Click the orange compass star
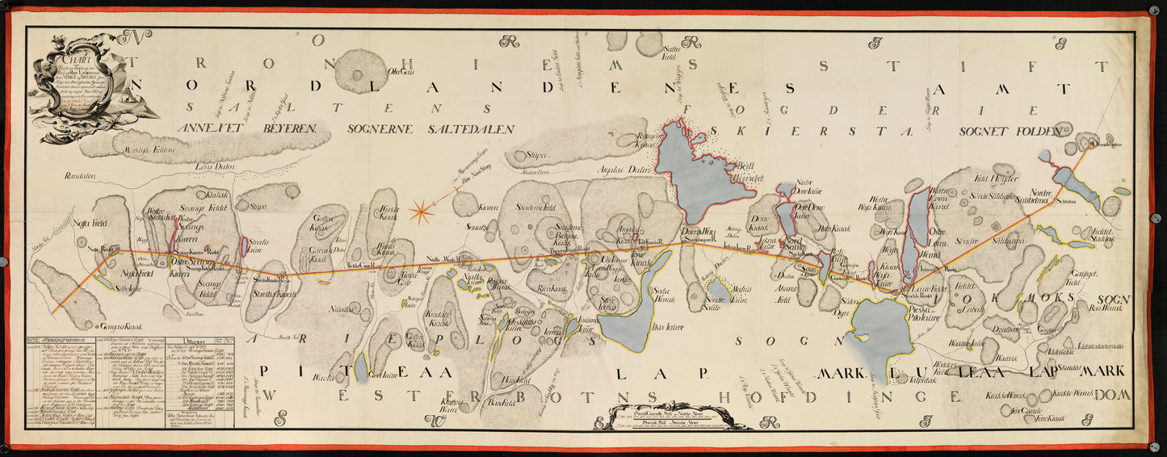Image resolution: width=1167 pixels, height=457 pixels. [x=421, y=212]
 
